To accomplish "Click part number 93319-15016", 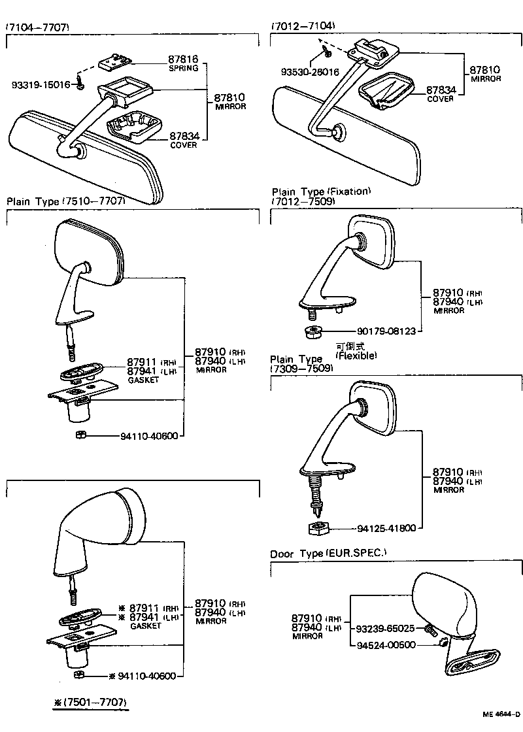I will [x=41, y=85].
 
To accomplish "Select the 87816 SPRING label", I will [x=184, y=63].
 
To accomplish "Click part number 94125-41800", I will [x=386, y=528].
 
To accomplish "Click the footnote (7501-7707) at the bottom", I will [x=91, y=703].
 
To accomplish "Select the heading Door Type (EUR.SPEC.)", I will [x=328, y=554].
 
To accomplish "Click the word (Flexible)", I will [x=356, y=356].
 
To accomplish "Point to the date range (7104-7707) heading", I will [x=37, y=27].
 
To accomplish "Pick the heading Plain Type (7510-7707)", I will [x=65, y=201].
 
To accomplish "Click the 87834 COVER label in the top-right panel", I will [x=440, y=94].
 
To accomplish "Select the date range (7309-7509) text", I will [x=302, y=368].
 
